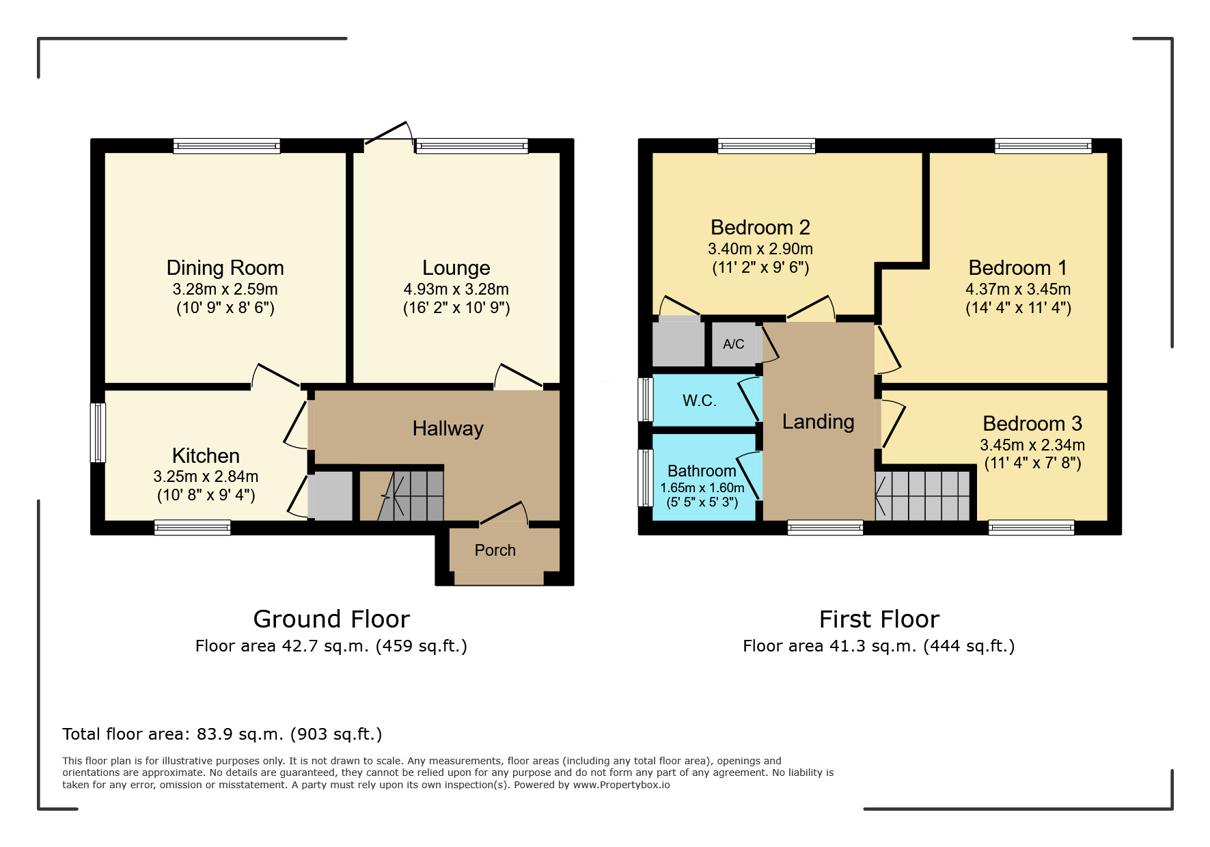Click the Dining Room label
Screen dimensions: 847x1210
[x=225, y=267]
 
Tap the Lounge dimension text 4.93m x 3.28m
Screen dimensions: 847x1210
[x=456, y=289]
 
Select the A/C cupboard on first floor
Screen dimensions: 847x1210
[x=733, y=344]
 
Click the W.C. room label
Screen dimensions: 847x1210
[x=700, y=401]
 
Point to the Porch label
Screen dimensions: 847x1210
[x=495, y=550]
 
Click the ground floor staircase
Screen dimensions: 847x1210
[x=410, y=496]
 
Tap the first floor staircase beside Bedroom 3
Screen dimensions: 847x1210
[x=924, y=496]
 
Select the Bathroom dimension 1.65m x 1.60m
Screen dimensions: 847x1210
[x=702, y=488]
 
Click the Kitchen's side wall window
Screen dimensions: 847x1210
[x=98, y=433]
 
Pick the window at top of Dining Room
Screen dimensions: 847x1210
[x=226, y=146]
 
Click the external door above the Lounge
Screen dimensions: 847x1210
[x=388, y=133]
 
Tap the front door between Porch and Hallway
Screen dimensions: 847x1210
[x=504, y=514]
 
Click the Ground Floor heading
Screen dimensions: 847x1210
[x=331, y=619]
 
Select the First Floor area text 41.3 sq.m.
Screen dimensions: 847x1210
[x=879, y=646]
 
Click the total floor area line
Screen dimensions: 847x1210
[x=222, y=734]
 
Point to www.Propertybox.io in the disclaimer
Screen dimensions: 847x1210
[x=621, y=785]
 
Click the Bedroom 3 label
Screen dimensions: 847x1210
[x=1032, y=424]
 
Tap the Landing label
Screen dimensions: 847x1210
[x=818, y=422]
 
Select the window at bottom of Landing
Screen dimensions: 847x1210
[x=825, y=527]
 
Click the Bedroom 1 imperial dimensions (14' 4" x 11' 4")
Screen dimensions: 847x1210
[x=1018, y=308]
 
